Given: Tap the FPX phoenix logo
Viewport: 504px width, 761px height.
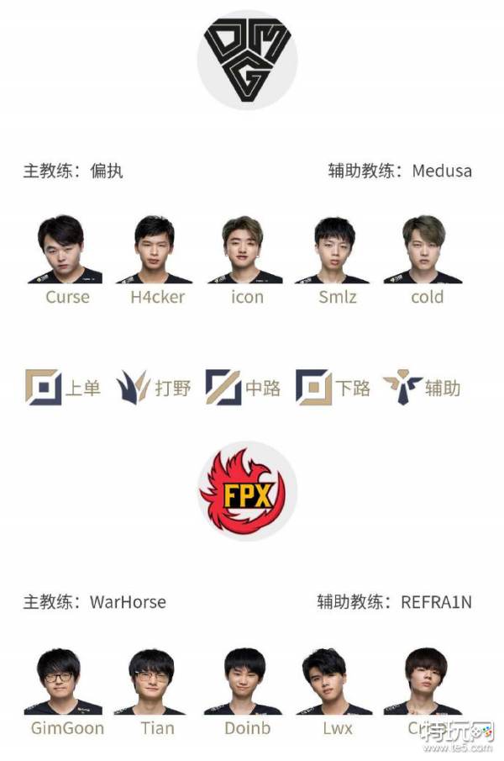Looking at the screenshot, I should click(x=248, y=493).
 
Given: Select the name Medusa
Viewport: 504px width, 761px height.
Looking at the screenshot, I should click(x=442, y=171).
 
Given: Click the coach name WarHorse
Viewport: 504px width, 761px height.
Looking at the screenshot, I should click(x=128, y=602).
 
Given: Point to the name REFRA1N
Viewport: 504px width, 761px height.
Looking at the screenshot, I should click(x=436, y=602).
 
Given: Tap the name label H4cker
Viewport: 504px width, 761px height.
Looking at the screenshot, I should click(x=157, y=297).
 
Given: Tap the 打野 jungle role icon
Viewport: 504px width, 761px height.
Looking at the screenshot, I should click(x=133, y=387).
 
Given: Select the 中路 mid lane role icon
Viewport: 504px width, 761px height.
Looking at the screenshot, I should click(x=223, y=387).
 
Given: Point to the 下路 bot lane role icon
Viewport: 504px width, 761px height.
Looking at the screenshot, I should click(x=313, y=387).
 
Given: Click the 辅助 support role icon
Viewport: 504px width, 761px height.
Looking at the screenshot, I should click(x=402, y=387).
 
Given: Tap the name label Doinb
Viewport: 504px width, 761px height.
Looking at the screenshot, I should click(x=247, y=728).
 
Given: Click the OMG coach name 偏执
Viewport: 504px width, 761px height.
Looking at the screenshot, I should click(x=107, y=171).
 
